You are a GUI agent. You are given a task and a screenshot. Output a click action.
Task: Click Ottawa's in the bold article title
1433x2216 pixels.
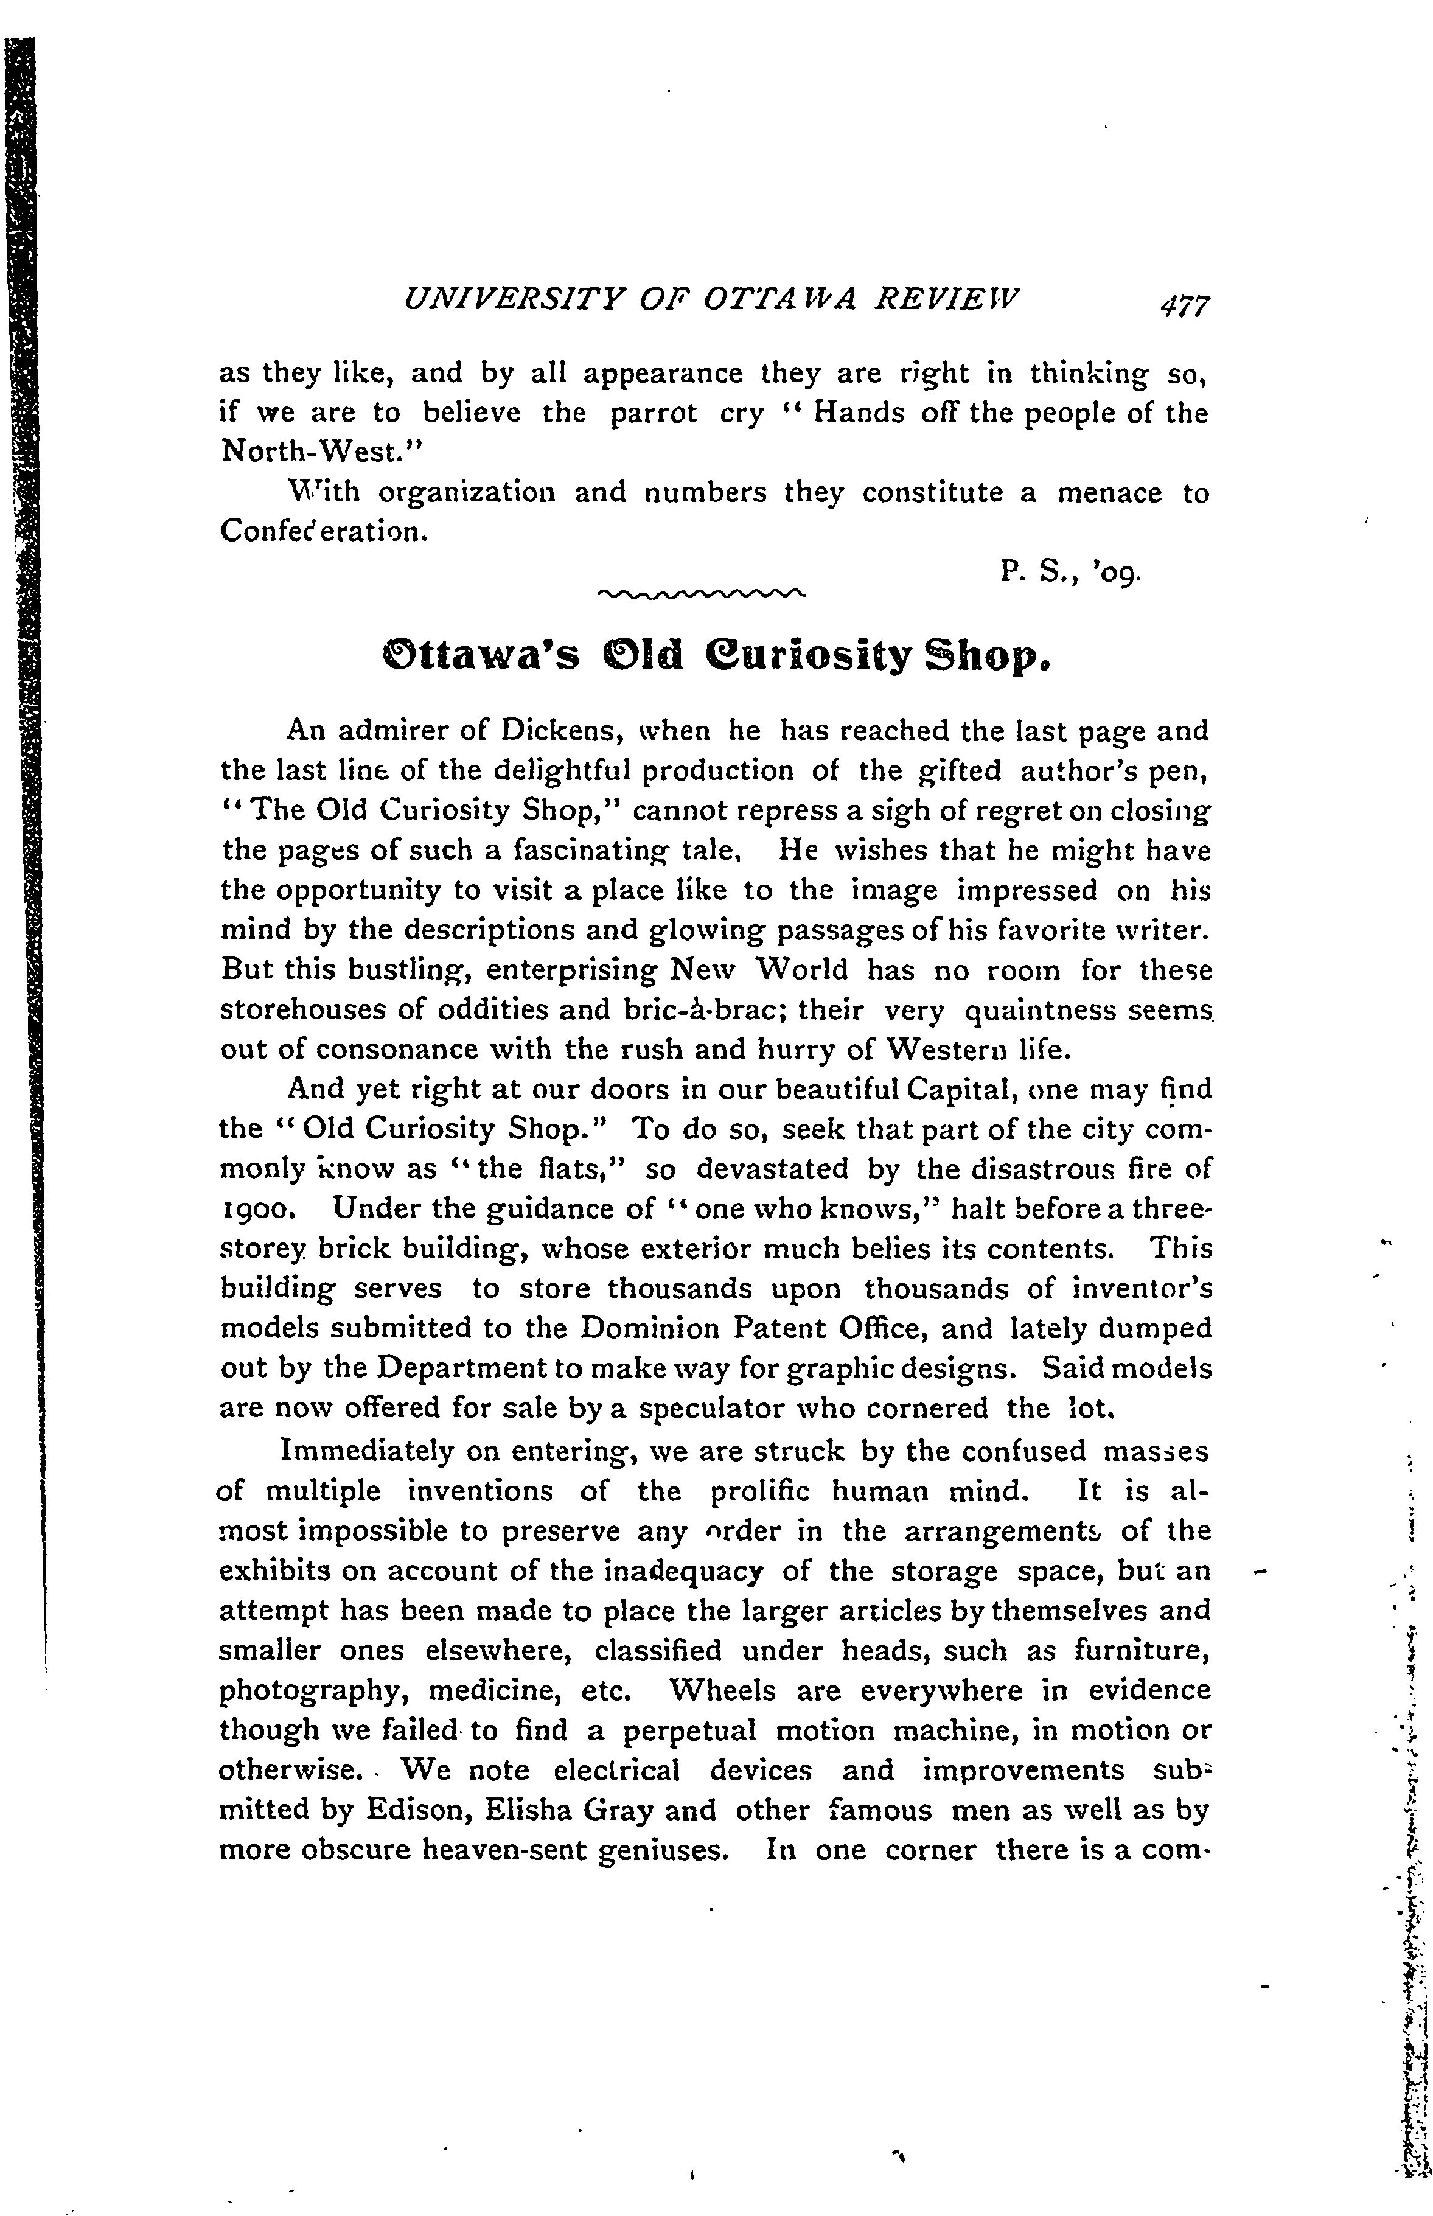point(481,657)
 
